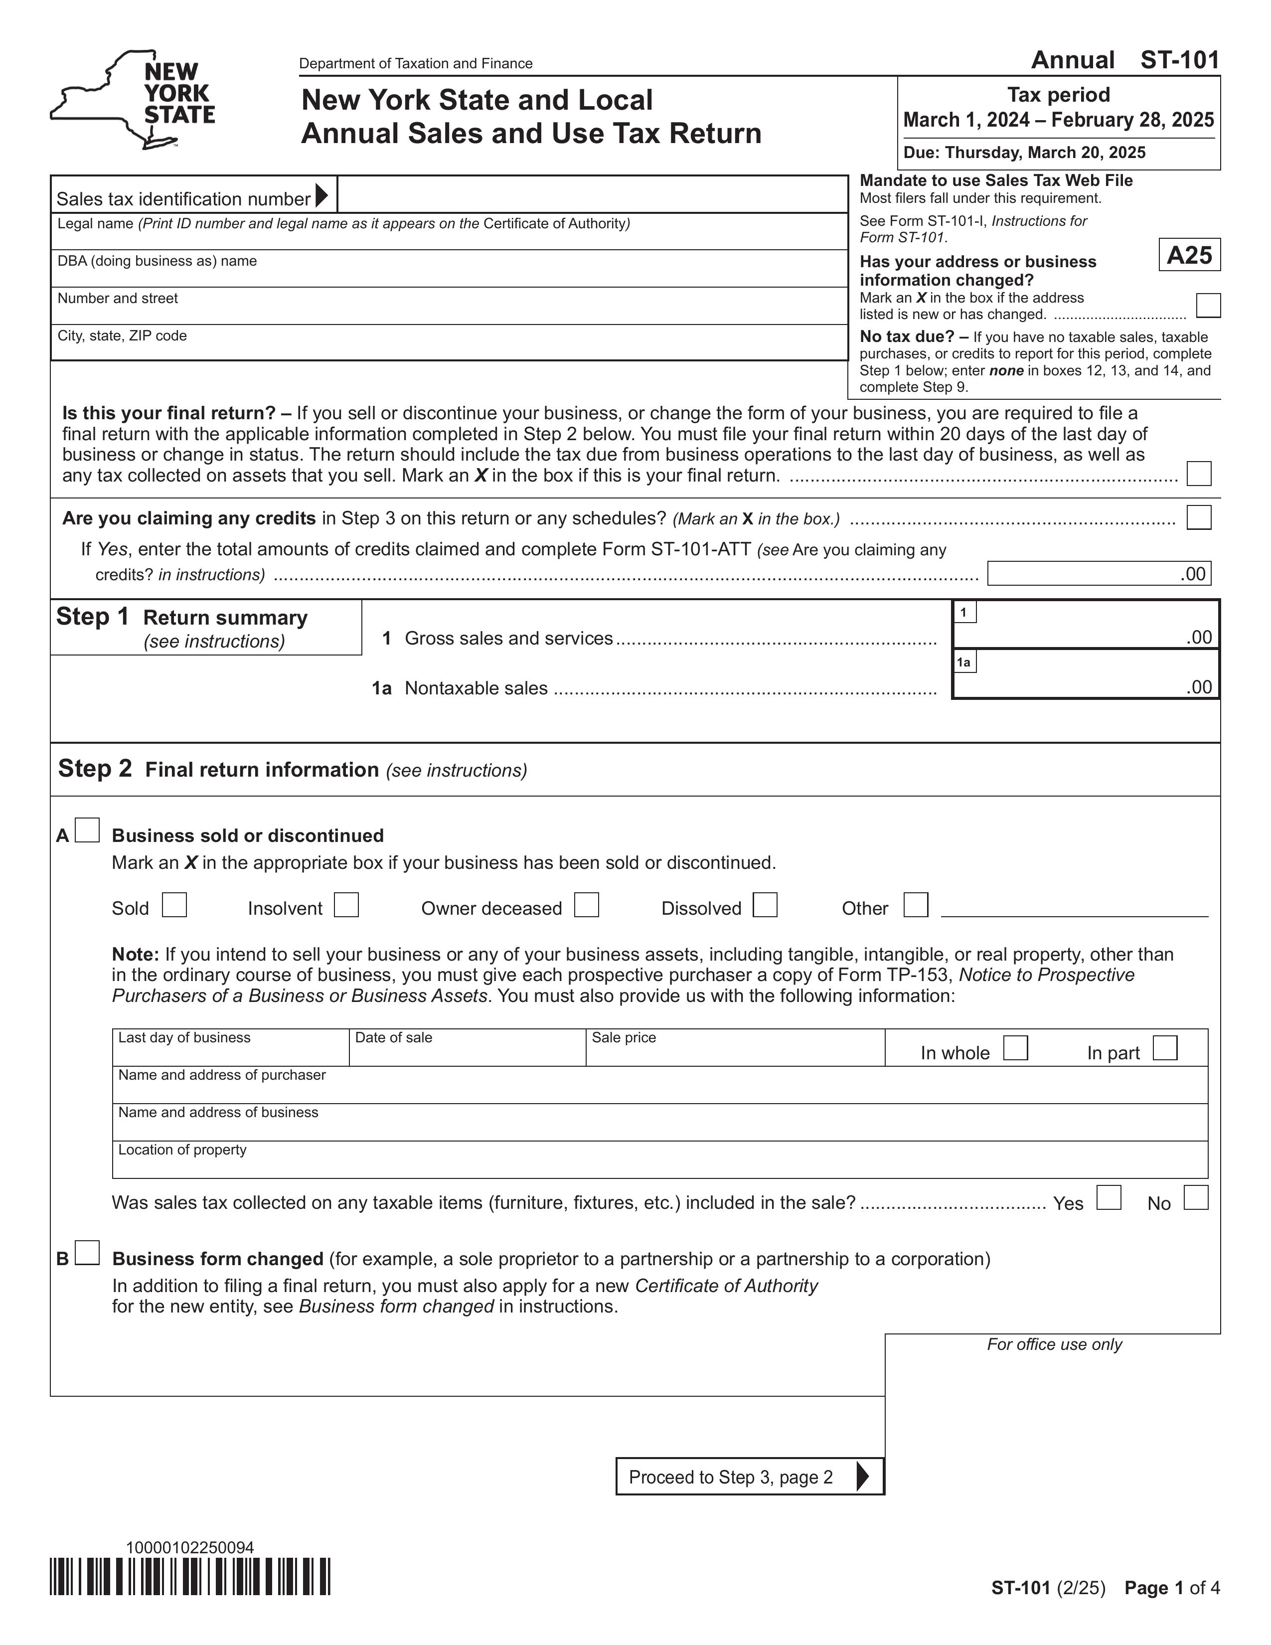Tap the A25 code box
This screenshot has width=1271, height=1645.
click(x=1189, y=255)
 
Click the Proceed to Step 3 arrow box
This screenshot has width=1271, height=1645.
click(x=749, y=1477)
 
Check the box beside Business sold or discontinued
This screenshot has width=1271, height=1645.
click(x=87, y=830)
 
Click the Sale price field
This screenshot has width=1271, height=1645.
click(x=735, y=1048)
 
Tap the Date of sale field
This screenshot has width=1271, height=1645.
click(x=467, y=1048)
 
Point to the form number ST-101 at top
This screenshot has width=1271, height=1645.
click(x=1179, y=60)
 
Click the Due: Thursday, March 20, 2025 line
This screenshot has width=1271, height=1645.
click(x=1024, y=153)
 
